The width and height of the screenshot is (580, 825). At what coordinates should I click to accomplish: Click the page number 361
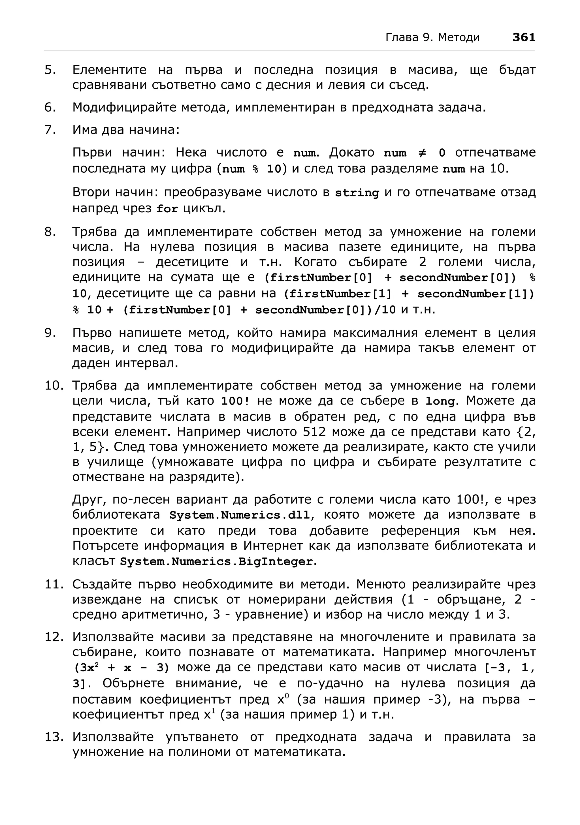[524, 37]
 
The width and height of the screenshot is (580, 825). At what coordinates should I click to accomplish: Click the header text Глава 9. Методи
[432, 37]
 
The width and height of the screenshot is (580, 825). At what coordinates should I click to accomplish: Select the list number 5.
[50, 70]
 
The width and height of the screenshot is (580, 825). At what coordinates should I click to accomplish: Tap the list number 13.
[54, 737]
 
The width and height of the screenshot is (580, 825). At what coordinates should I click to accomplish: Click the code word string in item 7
[357, 193]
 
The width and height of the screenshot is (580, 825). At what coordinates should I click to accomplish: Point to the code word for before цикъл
[167, 209]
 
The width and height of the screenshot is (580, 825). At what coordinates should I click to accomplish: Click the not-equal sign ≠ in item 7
[422, 153]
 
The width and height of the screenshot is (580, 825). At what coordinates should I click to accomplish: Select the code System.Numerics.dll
[240, 515]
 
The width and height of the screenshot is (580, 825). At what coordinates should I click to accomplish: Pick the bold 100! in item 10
[235, 401]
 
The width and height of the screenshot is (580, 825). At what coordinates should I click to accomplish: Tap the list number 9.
[50, 333]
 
